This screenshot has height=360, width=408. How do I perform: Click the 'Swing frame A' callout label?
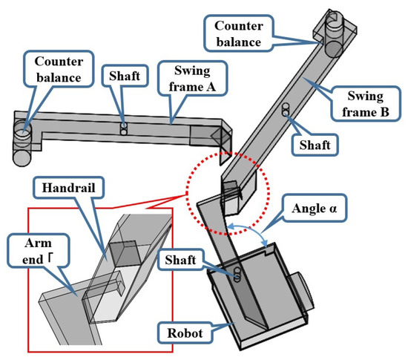click(x=192, y=79)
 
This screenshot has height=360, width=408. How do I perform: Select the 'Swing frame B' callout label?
click(x=365, y=104)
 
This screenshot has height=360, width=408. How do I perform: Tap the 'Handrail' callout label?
click(x=68, y=188)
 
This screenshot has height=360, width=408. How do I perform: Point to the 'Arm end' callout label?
click(x=39, y=251)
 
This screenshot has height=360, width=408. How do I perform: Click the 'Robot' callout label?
click(x=185, y=333)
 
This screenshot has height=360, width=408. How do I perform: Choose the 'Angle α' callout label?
click(x=315, y=209)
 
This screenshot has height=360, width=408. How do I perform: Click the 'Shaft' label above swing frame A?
click(x=125, y=76)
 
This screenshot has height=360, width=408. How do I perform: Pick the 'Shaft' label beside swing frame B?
click(x=315, y=145)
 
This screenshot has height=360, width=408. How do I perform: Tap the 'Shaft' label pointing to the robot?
click(x=180, y=260)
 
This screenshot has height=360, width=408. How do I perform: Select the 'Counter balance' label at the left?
click(x=59, y=69)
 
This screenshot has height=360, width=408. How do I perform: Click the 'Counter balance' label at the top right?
click(x=239, y=34)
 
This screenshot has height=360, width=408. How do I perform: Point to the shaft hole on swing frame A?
click(x=124, y=129)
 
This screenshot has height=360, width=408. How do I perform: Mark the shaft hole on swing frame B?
click(x=286, y=109)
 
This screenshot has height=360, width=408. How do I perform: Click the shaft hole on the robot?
click(x=237, y=275)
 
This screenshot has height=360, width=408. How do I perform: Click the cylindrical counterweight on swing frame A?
click(x=22, y=143)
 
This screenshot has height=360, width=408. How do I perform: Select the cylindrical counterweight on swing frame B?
click(x=335, y=34)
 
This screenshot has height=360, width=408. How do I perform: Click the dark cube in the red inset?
click(x=125, y=254)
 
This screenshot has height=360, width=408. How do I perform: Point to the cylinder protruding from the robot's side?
click(x=301, y=292)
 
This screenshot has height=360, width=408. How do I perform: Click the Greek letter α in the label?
click(x=333, y=209)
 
